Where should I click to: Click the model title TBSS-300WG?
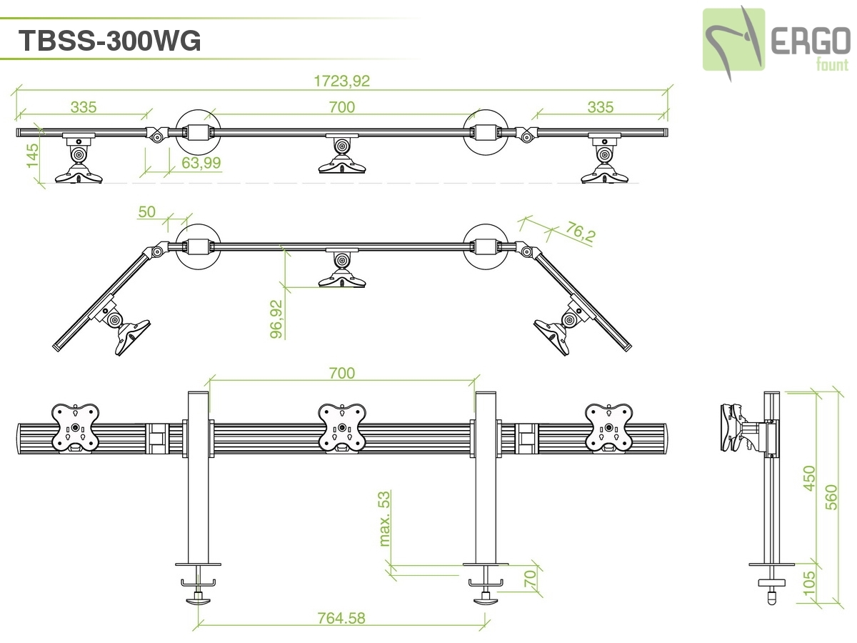109,41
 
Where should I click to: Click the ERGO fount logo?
776,40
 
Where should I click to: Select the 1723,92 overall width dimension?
342,81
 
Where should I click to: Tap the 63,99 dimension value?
201,163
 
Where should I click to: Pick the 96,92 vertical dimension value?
277,318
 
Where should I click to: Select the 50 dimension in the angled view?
146,211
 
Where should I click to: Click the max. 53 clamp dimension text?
386,518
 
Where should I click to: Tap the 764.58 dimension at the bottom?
341,618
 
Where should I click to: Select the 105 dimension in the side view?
808,580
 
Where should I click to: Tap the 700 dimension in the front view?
341,372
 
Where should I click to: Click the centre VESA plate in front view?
342,428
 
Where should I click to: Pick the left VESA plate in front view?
75,428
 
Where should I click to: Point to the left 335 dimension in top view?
84,107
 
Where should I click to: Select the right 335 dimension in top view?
600,107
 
